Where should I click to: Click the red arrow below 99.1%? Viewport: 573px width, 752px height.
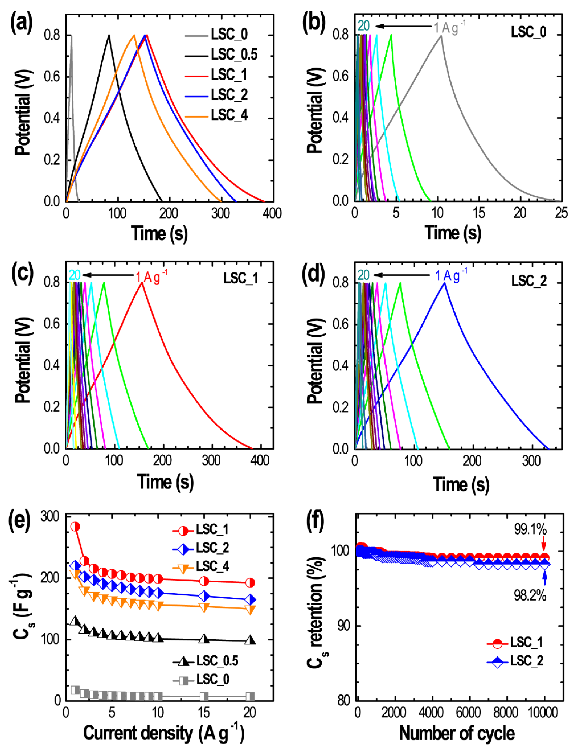coord(544,542)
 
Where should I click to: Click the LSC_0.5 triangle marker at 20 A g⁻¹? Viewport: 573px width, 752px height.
coord(250,640)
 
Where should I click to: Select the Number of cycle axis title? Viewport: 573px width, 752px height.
coord(457,733)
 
